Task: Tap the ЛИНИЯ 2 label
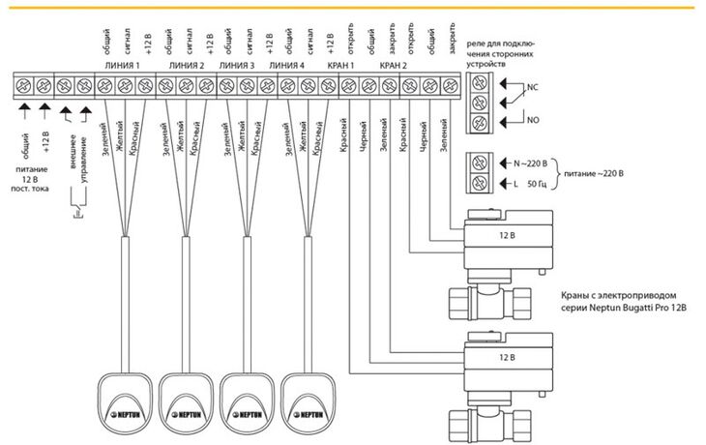pos(187,66)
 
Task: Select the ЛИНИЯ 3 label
pos(237,66)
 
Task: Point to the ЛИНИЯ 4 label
pos(287,66)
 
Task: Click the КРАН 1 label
pos(340,66)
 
